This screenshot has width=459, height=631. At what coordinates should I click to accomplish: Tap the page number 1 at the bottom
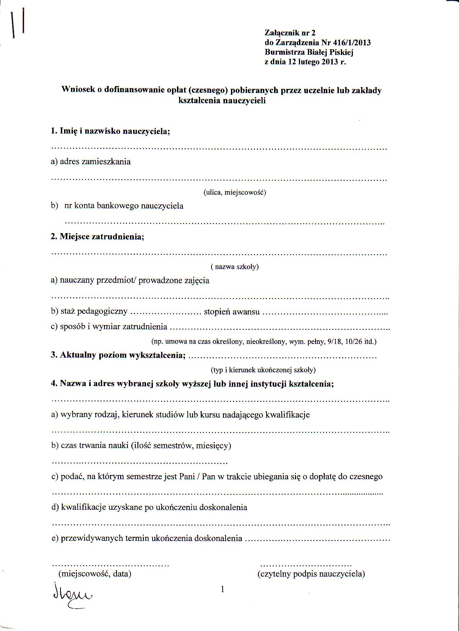coord(223,589)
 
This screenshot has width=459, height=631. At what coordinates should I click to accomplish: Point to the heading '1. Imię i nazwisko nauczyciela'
coord(110,131)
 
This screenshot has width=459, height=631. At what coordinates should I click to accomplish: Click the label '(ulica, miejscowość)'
coord(235,192)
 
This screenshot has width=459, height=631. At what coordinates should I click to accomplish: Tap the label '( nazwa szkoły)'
coord(235,267)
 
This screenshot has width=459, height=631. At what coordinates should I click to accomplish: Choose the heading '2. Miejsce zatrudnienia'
coord(97,237)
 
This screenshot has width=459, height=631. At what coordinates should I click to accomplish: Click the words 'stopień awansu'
coord(232,312)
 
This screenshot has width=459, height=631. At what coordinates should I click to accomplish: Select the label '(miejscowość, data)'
coord(95,573)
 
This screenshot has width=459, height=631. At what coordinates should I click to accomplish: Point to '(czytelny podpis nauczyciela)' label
coord(311,573)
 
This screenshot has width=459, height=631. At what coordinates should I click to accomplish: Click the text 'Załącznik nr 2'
coord(290,33)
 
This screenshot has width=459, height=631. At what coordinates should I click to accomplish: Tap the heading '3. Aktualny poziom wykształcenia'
coord(118,355)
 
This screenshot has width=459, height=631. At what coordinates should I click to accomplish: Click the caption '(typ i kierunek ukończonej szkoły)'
coord(263,370)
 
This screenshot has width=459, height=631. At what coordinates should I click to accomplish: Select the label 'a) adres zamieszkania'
coord(91,162)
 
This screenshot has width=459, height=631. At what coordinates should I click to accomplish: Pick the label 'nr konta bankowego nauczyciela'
coord(124,206)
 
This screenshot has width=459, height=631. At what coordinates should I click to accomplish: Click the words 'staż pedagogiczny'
coord(94,312)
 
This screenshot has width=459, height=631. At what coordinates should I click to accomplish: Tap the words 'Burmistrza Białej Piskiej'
coord(309,53)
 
